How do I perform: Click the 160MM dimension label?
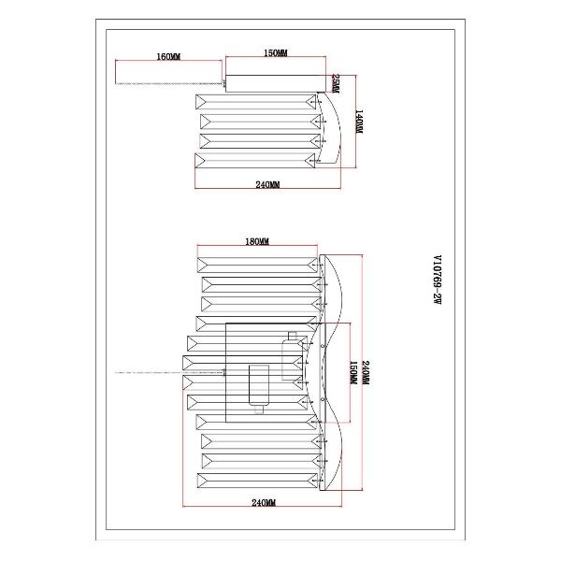[167, 57]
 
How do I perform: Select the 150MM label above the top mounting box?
[275, 54]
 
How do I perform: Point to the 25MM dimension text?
[334, 85]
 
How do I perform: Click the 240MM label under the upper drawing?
[267, 185]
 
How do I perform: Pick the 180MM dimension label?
[256, 242]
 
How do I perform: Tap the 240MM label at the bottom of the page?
[265, 503]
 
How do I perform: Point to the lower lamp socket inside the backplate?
[257, 383]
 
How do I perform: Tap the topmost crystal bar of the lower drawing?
[257, 263]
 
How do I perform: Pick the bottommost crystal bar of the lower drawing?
[257, 482]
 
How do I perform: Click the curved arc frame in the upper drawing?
[328, 131]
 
